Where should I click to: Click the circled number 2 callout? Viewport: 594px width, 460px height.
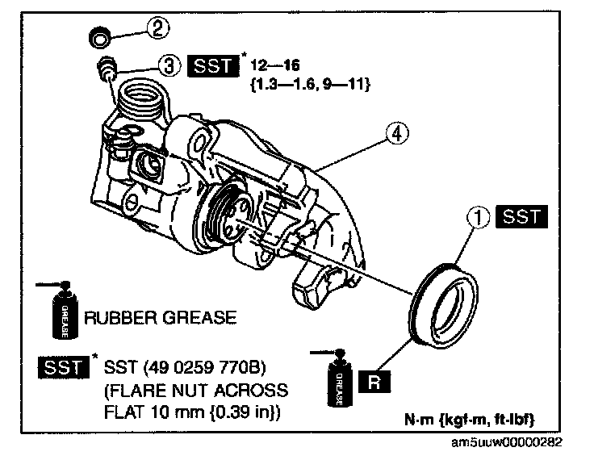point(159,28)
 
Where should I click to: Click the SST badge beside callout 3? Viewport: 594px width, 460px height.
point(213,65)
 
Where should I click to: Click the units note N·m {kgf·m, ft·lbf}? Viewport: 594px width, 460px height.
point(471,420)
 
